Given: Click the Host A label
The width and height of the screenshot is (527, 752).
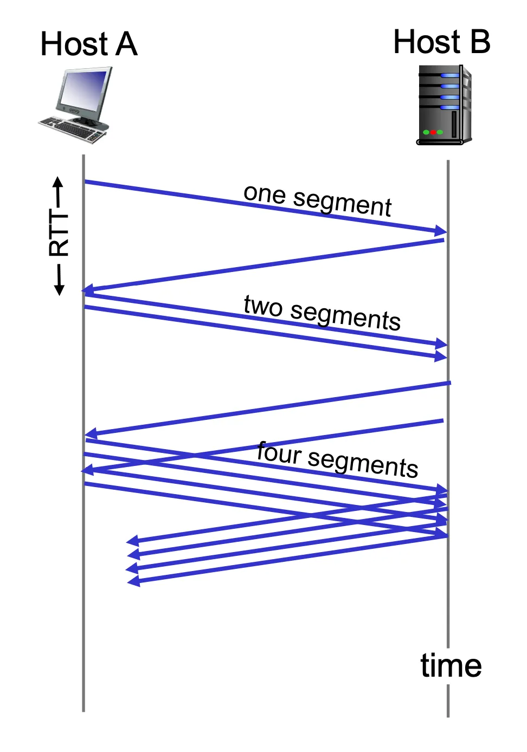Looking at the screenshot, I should point(89,44).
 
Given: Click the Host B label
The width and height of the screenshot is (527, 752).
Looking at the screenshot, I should point(441,42).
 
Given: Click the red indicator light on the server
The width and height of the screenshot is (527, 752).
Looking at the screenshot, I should point(433,132).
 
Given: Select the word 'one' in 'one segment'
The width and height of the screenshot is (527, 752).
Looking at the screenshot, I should point(265,193).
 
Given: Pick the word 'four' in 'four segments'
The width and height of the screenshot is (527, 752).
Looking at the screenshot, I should point(279,452).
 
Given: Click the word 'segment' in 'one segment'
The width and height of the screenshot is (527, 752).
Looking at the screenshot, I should point(342,203).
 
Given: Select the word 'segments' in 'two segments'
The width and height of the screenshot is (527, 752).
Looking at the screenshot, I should point(345,315).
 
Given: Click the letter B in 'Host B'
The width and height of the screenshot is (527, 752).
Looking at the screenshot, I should point(480,42).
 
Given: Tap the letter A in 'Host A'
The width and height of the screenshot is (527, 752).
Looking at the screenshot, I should point(126,44).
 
